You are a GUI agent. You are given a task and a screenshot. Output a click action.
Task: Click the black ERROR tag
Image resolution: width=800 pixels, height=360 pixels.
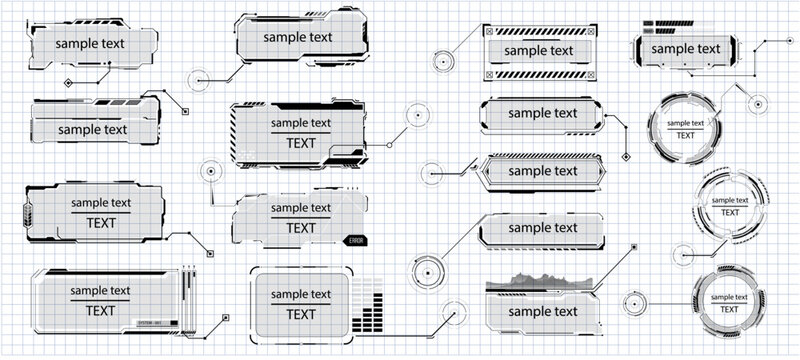click(x=356, y=241)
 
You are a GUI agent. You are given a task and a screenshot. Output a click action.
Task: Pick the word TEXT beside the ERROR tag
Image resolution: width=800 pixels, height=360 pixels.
click(x=300, y=228)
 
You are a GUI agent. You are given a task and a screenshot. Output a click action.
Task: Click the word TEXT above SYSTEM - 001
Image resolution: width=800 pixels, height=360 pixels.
click(x=100, y=310)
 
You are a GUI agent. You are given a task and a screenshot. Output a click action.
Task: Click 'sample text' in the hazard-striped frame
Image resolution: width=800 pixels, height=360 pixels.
click(x=540, y=50)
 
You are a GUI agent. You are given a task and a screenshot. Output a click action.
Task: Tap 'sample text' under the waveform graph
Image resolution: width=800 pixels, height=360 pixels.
click(x=543, y=312)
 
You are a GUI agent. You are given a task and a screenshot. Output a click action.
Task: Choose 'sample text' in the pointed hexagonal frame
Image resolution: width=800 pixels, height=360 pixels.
click(x=543, y=171)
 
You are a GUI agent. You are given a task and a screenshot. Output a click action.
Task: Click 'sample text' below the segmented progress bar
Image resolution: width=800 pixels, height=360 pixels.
click(x=685, y=48)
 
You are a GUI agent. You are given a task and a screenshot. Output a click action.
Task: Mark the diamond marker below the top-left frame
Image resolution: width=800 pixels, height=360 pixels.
click(x=68, y=82)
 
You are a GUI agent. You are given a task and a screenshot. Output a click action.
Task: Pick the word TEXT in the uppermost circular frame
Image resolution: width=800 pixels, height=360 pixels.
click(x=684, y=135)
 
